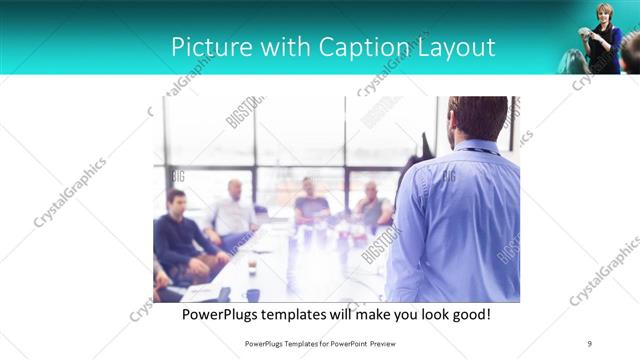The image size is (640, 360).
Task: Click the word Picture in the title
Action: (x=206, y=47)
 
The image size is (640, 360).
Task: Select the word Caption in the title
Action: (x=359, y=47)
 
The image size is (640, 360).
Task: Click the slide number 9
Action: (x=589, y=343)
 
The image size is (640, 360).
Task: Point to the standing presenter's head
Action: (x=477, y=120)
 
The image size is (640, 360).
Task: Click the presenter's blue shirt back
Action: (x=460, y=220)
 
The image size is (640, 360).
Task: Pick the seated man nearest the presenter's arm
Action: (x=372, y=205)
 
